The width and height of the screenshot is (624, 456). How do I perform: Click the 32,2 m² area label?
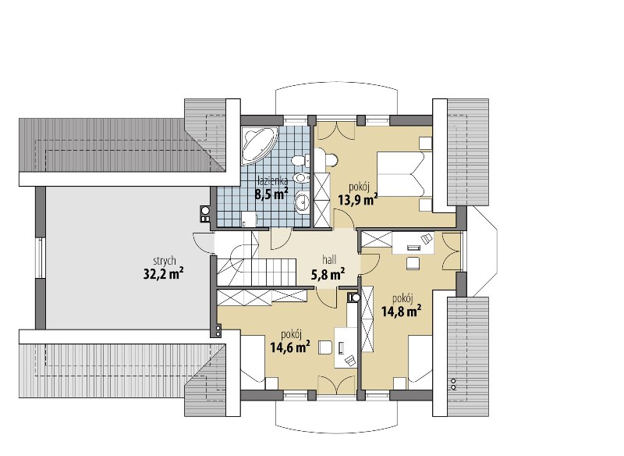163,273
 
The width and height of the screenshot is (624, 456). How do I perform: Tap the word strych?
165,262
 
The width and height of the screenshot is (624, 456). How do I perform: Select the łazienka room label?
272,180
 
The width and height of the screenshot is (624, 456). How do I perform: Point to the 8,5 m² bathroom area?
271,194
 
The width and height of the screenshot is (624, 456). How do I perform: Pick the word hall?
329,260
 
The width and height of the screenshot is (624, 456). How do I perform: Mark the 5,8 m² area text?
328,273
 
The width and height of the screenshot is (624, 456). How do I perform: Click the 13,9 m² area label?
357,199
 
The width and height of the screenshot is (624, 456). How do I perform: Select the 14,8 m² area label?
402,311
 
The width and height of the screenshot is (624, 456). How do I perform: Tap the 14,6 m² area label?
290,347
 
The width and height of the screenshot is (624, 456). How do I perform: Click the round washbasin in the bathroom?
303,202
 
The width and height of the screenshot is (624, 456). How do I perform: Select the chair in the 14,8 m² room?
413,264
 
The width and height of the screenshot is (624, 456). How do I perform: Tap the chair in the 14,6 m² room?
325,347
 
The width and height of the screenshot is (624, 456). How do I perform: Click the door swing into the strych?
204,243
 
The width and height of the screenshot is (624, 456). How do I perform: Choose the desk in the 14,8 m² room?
413,243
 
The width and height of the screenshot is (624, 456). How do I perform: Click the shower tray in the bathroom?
249,219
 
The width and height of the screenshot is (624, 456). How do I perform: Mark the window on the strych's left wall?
40,258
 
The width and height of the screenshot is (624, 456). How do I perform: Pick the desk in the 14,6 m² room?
346,347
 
